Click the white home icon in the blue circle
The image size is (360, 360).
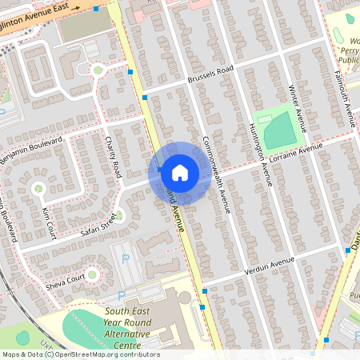[x=180, y=172]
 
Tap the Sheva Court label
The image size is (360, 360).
[x=63, y=279]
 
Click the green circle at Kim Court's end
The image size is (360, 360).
[x=37, y=188]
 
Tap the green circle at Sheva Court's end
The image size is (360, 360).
[x=92, y=275]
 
